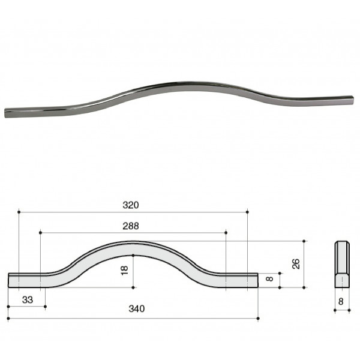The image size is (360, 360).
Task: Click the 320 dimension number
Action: click(x=131, y=205)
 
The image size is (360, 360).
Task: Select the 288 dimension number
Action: click(x=131, y=226)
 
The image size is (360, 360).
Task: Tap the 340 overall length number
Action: click(x=137, y=309)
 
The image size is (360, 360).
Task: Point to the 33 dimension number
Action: click(x=28, y=300)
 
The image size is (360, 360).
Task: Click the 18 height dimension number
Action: click(x=124, y=271)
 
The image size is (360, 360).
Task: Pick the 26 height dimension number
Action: click(x=296, y=264)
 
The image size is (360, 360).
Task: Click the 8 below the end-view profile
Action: click(x=341, y=301)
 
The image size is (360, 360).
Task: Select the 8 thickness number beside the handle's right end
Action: click(x=269, y=279)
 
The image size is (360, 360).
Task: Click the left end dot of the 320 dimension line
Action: click(x=19, y=212)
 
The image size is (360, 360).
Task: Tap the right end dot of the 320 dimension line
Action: click(x=247, y=212)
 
